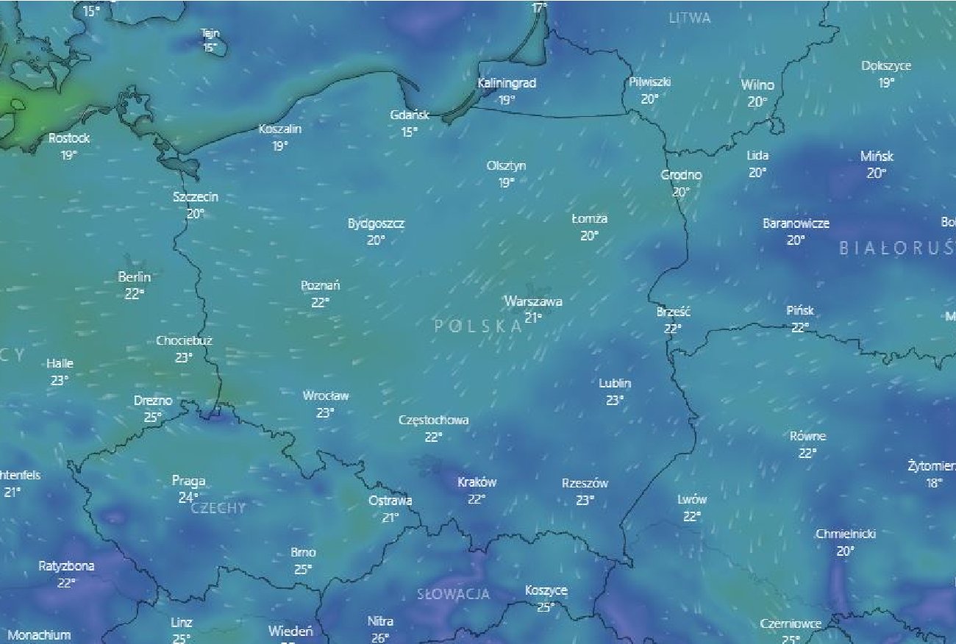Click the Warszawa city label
click(533, 301)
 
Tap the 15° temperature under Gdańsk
click(409, 132)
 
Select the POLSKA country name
click(478, 326)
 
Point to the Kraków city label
click(477, 483)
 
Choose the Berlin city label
click(134, 277)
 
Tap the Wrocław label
click(326, 396)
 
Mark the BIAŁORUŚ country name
click(896, 248)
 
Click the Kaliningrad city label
click(507, 84)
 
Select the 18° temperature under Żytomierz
click(934, 483)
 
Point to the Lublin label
click(615, 384)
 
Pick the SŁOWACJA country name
click(453, 594)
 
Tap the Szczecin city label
click(196, 197)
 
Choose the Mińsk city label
click(877, 157)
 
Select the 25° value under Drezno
click(152, 417)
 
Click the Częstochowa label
click(433, 421)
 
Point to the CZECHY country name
click(218, 508)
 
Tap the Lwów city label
click(692, 500)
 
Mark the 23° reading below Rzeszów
click(585, 500)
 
